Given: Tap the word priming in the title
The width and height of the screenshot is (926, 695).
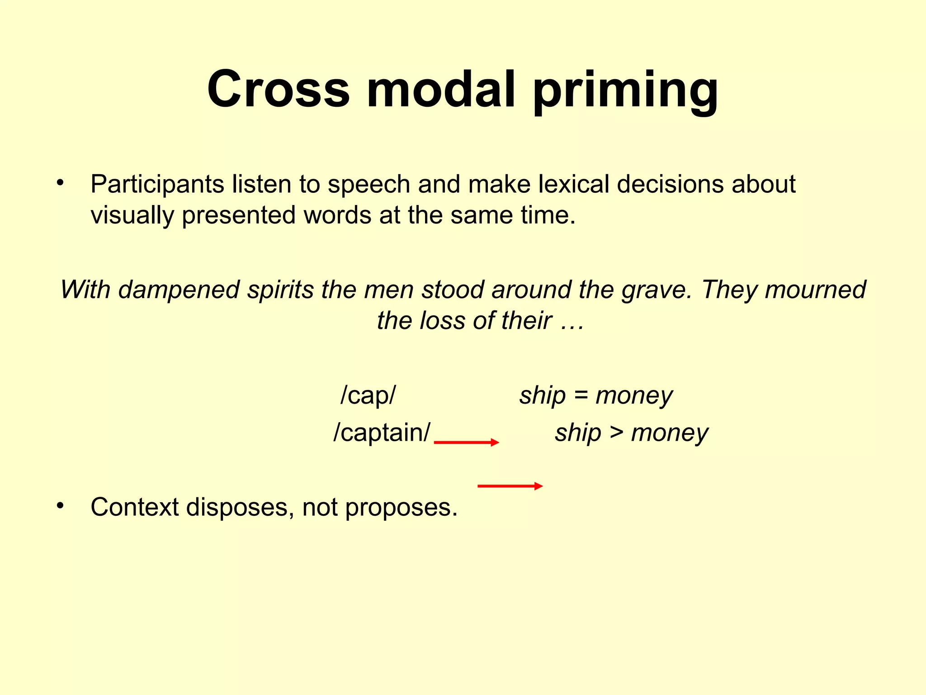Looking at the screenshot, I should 625,90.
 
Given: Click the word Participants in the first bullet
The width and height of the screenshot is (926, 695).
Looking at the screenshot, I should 157,185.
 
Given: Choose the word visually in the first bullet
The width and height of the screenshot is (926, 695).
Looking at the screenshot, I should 132,215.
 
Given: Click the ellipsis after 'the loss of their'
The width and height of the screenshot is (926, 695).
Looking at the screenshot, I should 572,321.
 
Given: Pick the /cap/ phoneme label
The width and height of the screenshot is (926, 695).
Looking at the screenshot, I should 368,395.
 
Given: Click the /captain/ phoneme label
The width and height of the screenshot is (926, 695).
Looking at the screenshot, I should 382,433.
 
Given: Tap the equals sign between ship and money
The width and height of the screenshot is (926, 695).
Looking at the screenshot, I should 581,395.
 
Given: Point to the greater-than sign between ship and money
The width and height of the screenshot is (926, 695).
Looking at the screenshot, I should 616,433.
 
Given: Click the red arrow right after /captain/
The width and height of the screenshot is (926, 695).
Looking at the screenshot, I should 466,442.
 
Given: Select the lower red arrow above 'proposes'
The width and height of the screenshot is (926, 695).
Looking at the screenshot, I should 510,486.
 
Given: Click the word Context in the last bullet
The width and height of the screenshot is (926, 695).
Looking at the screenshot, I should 134,507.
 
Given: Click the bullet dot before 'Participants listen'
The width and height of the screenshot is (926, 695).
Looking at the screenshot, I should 60,183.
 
